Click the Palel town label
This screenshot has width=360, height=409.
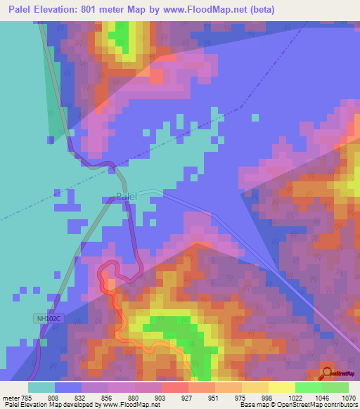[126, 197]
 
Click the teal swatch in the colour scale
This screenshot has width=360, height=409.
[41, 387]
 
